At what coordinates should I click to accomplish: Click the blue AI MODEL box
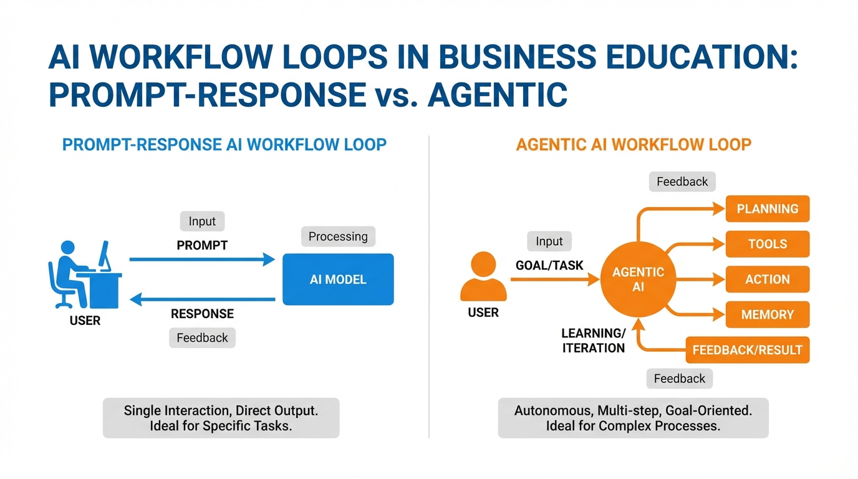pos(338,279)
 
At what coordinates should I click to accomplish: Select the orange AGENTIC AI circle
pos(638,279)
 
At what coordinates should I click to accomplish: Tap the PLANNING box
pos(767,209)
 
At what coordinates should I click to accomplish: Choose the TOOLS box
pos(767,244)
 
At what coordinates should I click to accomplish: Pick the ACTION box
pos(767,279)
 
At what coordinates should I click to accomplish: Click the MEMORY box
pos(767,314)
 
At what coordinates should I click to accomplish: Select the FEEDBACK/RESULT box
pos(747,350)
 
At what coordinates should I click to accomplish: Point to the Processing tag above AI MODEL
pos(338,236)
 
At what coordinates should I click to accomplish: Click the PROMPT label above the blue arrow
pos(202,245)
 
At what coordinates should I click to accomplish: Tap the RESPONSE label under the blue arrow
pos(202,314)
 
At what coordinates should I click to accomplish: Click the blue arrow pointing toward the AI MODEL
pos(202,259)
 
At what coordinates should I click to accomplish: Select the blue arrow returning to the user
pos(202,299)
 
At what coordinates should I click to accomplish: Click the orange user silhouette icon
pos(483,276)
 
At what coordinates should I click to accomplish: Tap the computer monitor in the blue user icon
pos(104,256)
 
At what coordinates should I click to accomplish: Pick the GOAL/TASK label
pos(549,265)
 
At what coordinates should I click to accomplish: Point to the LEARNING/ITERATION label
pos(594,341)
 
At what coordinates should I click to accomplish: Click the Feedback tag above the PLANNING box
pos(682,181)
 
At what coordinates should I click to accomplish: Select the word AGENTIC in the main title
pos(497,94)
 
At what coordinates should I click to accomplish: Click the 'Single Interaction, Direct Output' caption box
pos(221,418)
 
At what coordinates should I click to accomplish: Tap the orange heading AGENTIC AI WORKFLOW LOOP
pos(634,145)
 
